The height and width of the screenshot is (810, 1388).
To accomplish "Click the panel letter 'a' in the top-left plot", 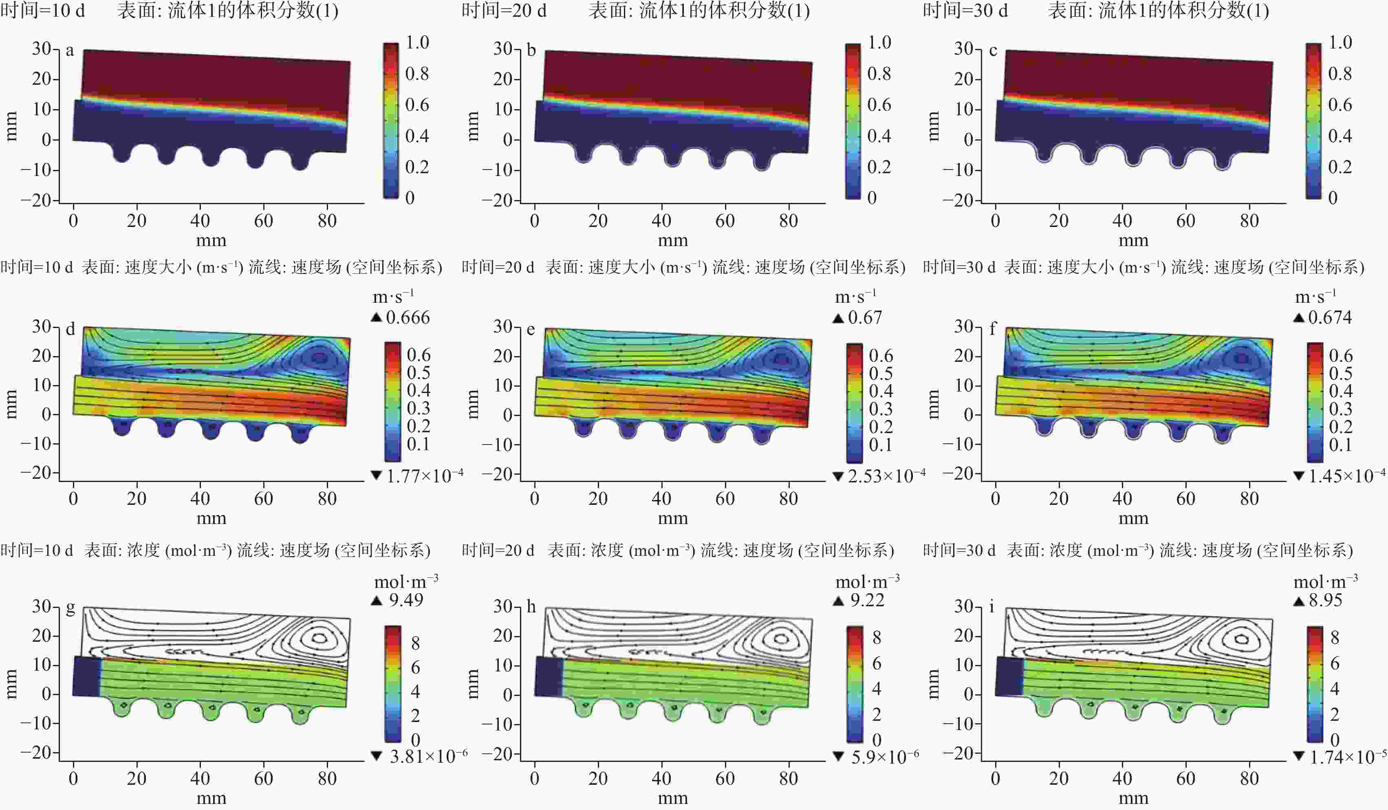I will coord(70,51).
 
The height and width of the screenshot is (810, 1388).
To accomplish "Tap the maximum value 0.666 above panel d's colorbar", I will coord(408,318).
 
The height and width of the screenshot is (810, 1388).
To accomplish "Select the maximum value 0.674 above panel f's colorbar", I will coord(1330,318).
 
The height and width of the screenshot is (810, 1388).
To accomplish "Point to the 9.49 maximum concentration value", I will coord(406,600).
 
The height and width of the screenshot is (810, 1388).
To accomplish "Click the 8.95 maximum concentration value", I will coord(1325,600).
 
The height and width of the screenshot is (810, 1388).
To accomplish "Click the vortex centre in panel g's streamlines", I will coord(320,638).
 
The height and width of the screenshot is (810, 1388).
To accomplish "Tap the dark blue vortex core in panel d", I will coord(320,358).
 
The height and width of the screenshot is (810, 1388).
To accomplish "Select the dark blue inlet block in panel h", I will coord(549,676).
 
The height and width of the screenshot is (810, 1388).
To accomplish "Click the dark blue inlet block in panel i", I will coord(1009,676).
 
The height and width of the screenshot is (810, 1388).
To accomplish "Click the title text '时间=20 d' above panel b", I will coord(504,11).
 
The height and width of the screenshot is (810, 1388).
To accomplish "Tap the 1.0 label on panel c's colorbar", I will coord(1340,43).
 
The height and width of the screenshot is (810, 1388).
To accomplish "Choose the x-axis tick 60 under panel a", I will coord(263,221).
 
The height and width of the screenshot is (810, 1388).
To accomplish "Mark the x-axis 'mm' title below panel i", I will coord(1133,798).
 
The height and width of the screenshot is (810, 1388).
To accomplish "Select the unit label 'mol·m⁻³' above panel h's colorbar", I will coord(867,581).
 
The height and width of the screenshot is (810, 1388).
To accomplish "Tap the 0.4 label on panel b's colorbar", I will coord(879,136).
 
